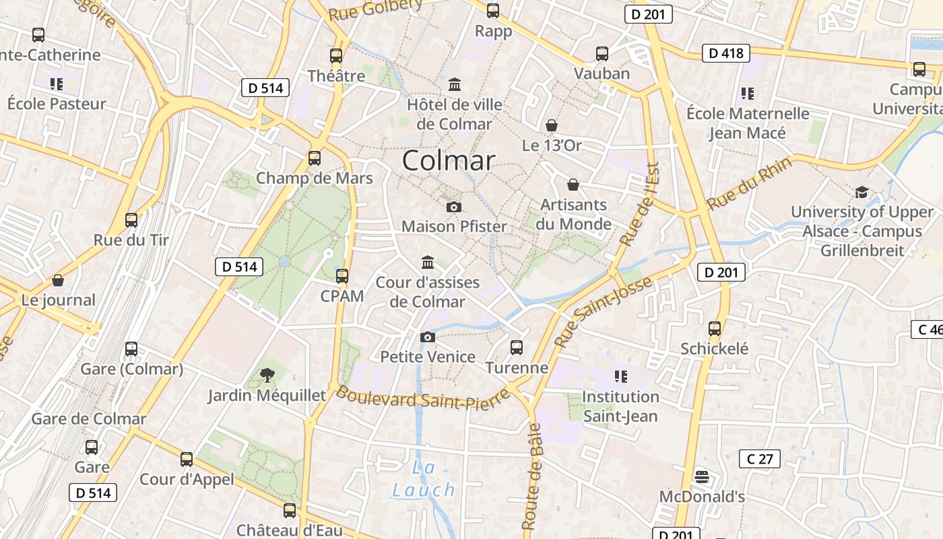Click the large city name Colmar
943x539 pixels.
coord(449,160)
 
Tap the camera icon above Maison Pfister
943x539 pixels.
coord(454,207)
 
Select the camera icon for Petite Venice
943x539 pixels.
coord(427,337)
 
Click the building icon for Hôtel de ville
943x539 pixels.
coord(455,85)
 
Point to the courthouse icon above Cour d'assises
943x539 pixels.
coord(428,262)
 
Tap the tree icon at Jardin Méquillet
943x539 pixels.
coord(267,375)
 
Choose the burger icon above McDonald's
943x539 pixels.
coord(701,477)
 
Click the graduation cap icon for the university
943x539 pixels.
coord(861,192)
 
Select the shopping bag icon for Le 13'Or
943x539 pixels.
coord(552,125)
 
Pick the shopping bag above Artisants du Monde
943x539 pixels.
coord(573,185)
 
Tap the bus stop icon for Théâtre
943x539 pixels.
coord(336,56)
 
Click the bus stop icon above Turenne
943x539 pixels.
coord(517,348)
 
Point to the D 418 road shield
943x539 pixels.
coord(725,53)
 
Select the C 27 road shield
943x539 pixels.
coord(760,459)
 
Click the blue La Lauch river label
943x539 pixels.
coord(424,478)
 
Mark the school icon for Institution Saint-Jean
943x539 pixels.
coord(620,376)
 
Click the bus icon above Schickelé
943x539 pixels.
coord(715,329)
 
